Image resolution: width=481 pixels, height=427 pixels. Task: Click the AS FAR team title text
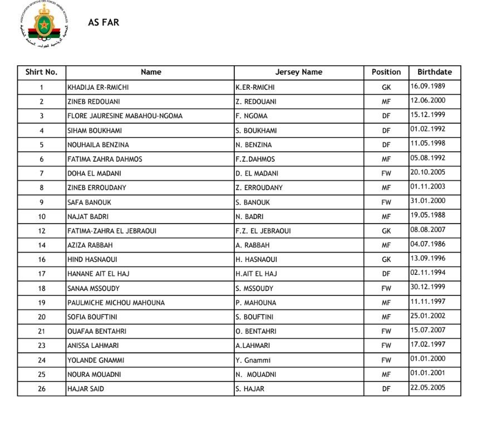[104, 23]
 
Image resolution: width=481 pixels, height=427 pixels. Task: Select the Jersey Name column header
[298, 72]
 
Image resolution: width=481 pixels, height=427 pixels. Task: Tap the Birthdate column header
[434, 72]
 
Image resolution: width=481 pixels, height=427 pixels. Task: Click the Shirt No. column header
[41, 72]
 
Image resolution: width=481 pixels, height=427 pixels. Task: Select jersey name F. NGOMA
[251, 116]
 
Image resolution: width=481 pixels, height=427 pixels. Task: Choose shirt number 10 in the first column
[41, 216]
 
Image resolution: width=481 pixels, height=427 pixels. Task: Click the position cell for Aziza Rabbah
[386, 245]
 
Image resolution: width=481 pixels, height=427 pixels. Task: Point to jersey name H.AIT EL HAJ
[256, 274]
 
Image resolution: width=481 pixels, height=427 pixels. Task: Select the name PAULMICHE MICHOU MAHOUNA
[116, 303]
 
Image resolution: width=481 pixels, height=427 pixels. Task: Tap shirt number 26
[41, 389]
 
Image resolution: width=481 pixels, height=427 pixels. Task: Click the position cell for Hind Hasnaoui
[386, 259]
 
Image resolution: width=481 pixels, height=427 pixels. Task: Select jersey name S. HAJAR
[249, 389]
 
